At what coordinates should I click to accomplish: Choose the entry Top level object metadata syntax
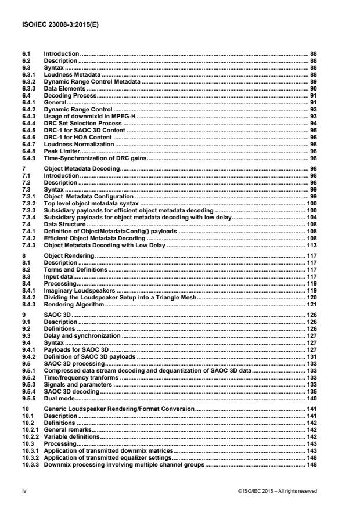pos(91,205)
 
